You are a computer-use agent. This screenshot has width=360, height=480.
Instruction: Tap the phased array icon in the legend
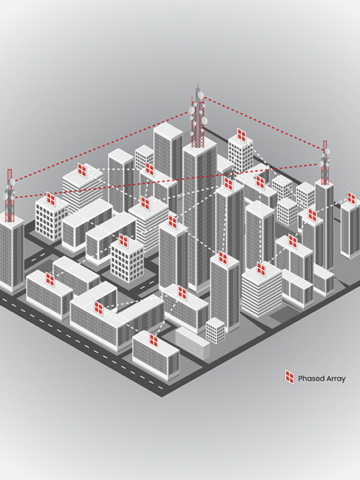290,377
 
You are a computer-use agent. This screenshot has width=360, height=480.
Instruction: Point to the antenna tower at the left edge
10,196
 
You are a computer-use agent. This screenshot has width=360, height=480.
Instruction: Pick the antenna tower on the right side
325,163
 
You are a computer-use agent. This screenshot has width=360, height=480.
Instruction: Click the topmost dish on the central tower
200,94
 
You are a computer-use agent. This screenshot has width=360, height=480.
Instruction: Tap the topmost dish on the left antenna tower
12,182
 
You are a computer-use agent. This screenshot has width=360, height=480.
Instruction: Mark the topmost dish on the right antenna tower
327,151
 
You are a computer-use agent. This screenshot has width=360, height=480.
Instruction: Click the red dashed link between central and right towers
264,124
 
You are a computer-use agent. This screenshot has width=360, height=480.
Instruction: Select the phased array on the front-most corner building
154,340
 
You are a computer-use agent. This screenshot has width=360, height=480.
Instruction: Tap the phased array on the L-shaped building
98,308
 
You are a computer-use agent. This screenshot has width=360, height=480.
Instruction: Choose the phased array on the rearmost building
242,135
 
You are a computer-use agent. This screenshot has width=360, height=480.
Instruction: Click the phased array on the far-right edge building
351,198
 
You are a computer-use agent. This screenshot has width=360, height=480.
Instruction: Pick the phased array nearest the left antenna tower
51,199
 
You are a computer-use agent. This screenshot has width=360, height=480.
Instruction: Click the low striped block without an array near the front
193,343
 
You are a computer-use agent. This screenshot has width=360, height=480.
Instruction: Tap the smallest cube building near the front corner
215,330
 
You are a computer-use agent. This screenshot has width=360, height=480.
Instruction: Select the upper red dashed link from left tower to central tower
101,146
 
